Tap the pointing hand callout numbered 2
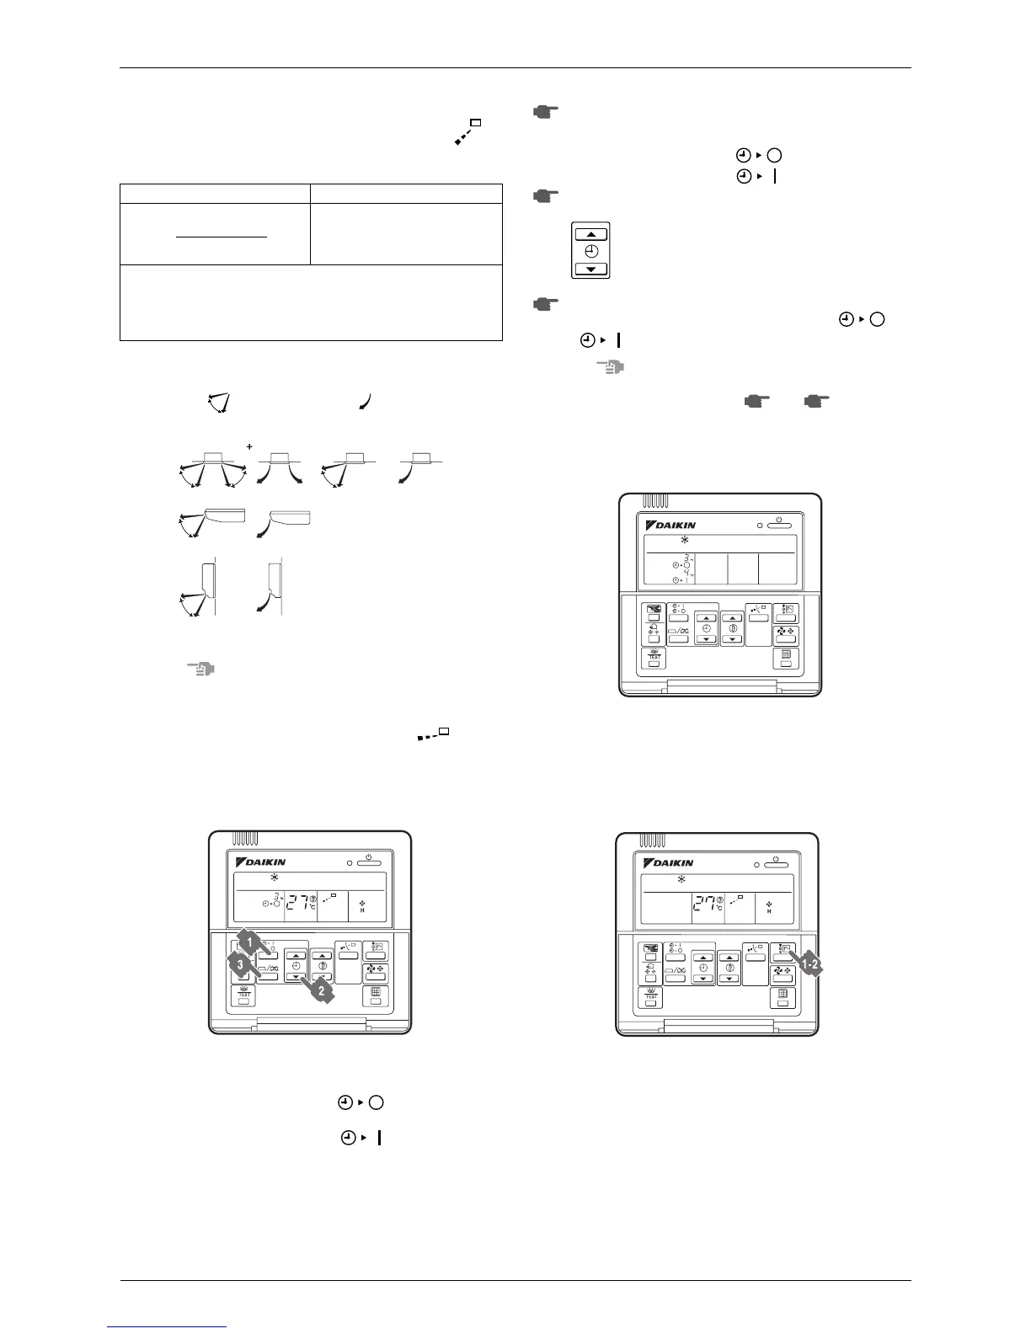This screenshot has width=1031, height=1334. point(319,991)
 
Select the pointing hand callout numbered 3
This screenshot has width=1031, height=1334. point(238,964)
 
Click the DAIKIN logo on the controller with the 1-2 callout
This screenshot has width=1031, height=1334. point(670,863)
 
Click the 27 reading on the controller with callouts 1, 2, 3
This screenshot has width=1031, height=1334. point(297,904)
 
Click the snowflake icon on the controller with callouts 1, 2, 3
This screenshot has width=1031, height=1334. point(274,876)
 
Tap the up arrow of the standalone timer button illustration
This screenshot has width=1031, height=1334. point(591,234)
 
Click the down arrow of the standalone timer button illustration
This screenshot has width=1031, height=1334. point(591,269)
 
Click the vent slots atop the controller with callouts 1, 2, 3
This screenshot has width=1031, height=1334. point(246,840)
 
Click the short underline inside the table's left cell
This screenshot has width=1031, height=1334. point(221,237)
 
